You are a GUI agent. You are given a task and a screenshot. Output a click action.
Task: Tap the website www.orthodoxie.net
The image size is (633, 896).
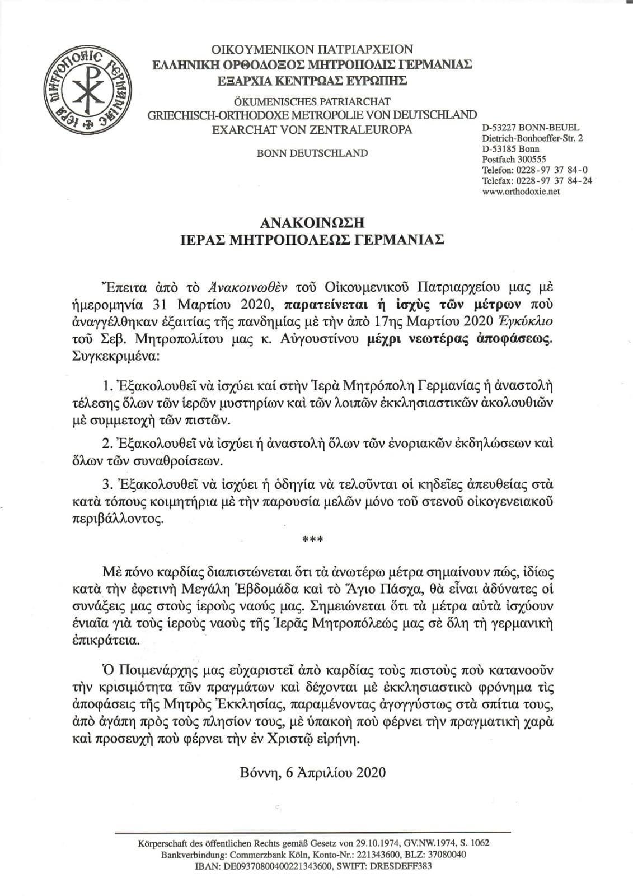[521, 191]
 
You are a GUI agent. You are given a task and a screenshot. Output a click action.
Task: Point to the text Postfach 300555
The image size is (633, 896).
[514, 159]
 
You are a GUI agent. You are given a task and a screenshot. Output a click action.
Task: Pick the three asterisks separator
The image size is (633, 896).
[310, 540]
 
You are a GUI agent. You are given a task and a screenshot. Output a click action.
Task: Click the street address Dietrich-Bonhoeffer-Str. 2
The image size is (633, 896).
[532, 138]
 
